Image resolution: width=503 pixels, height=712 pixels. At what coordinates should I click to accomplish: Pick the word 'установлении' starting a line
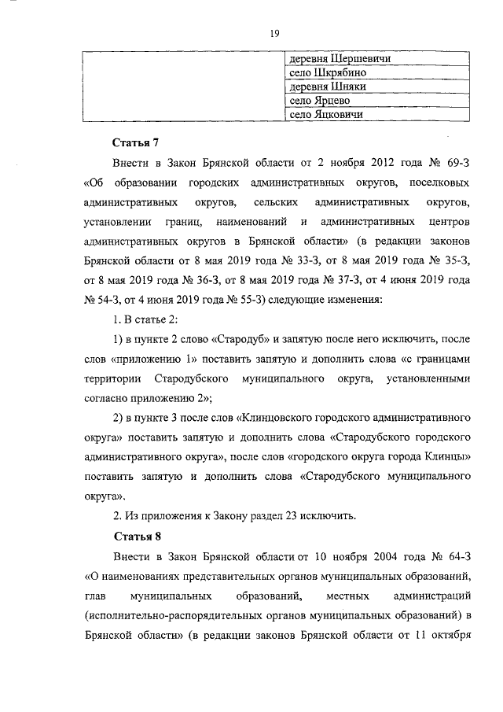tap(117, 223)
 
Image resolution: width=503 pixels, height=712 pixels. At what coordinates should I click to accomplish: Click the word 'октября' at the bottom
tap(448, 636)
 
